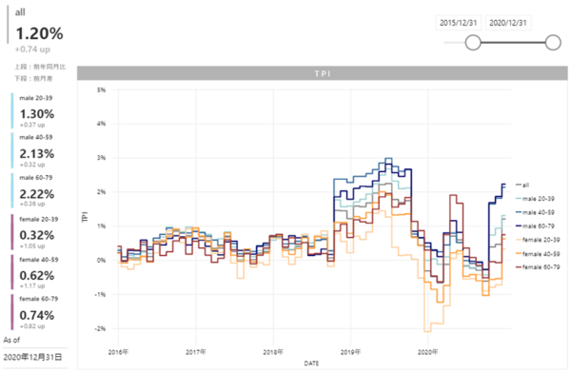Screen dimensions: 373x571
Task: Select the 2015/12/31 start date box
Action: (x=460, y=22)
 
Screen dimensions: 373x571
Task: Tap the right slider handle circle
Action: (x=552, y=42)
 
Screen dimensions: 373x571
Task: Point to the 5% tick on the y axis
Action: (x=99, y=90)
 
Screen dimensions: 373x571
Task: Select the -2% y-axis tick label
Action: (x=98, y=328)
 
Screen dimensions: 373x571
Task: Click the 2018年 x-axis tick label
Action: (x=273, y=351)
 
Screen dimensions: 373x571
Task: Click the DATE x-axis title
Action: (x=312, y=363)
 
